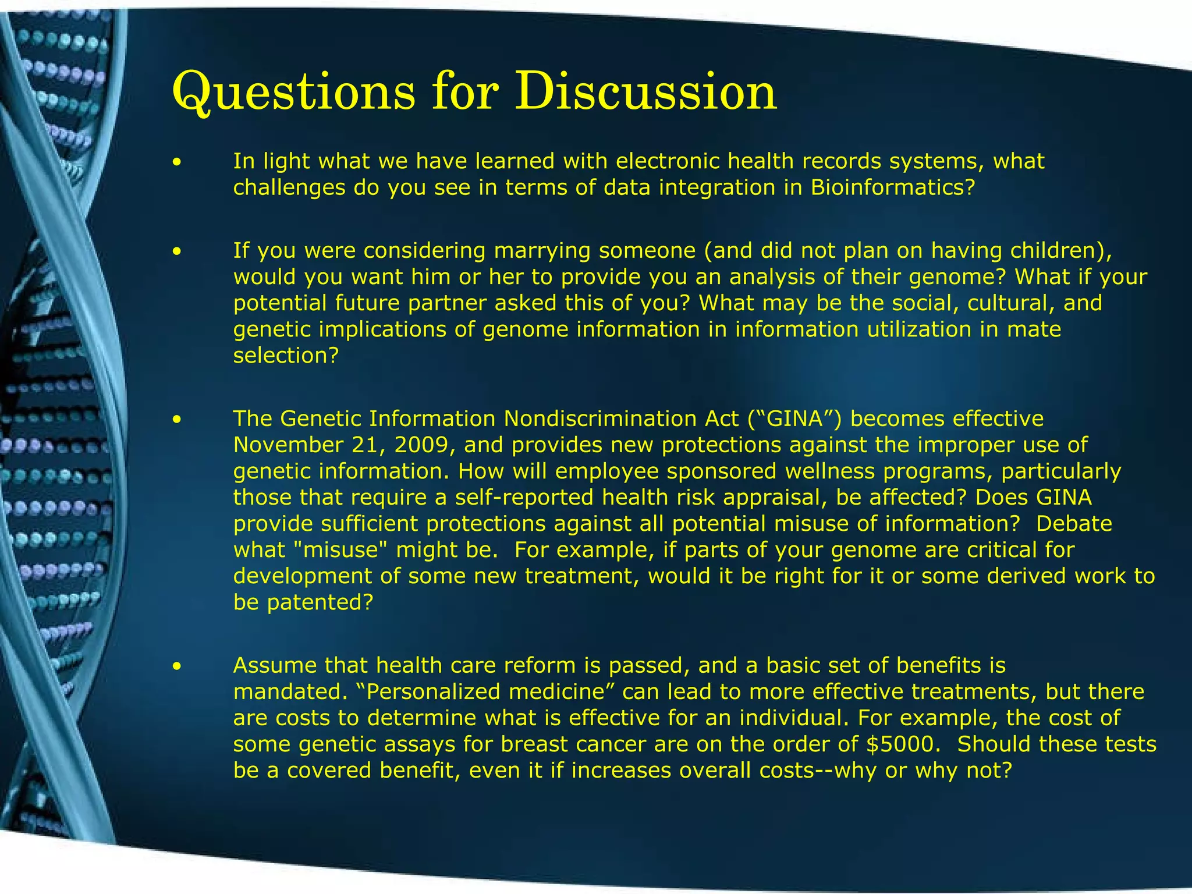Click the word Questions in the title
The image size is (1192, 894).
[294, 92]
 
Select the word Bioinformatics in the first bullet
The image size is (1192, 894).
[888, 187]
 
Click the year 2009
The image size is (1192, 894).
[422, 445]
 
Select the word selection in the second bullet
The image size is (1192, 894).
[285, 355]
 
